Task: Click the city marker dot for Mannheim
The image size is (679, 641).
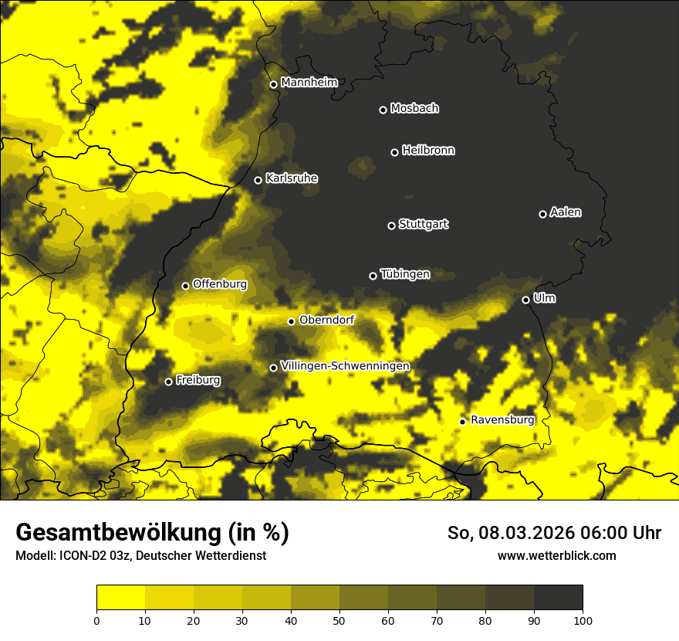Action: [x=273, y=85]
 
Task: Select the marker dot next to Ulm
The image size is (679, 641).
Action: [x=525, y=300]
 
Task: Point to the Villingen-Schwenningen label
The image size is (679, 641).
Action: [x=345, y=366]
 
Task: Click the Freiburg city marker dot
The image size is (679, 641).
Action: [x=168, y=382]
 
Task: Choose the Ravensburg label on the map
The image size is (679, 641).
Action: [x=502, y=420]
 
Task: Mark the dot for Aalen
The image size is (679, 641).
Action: [x=542, y=214]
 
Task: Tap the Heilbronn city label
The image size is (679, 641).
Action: [x=428, y=151]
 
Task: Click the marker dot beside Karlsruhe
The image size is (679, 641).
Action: [x=258, y=180]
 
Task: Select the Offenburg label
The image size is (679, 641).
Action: [x=220, y=284]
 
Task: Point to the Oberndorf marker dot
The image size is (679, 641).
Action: [x=291, y=321]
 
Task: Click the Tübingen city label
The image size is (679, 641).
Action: [x=405, y=274]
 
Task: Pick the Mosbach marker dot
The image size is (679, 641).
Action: [x=382, y=110]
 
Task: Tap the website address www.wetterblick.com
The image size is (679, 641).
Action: [x=556, y=555]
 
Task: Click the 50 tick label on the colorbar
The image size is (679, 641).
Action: [x=339, y=619]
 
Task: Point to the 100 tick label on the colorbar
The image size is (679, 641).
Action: [x=582, y=619]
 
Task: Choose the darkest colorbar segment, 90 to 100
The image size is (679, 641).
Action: [x=558, y=597]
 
